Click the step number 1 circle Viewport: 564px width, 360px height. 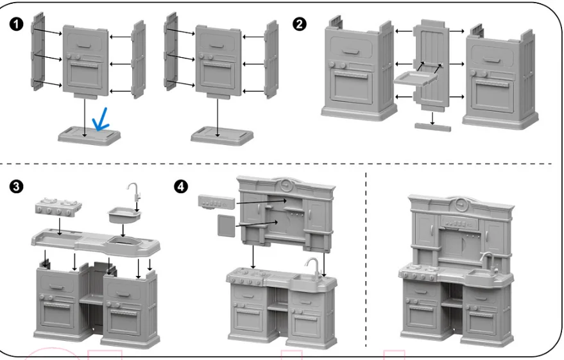pos(16,24)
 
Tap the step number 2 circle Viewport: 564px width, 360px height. pos(300,24)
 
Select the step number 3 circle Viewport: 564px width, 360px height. pos(16,187)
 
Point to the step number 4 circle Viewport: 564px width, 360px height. pos(181,187)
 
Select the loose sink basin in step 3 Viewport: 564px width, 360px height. pos(124,215)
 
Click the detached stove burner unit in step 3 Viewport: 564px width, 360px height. pos(58,207)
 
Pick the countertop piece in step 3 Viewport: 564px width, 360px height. pos(96,243)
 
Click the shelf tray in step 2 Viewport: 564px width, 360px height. pos(416,78)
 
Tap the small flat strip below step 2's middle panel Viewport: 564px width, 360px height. pos(432,127)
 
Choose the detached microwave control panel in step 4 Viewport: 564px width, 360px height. pos(216,202)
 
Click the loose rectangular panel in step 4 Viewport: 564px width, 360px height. pos(226,225)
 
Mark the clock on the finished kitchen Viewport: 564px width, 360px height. pos(461,204)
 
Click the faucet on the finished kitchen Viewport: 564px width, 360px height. pos(488,262)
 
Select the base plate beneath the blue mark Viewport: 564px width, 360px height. pos(89,135)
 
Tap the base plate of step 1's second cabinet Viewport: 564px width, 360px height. pos(222,135)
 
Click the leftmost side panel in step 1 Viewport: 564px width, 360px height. pos(37,51)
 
